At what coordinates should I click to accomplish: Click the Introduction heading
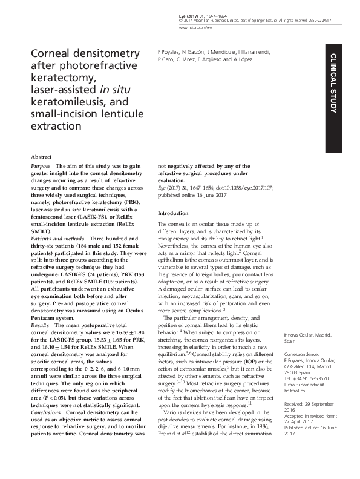173,213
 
